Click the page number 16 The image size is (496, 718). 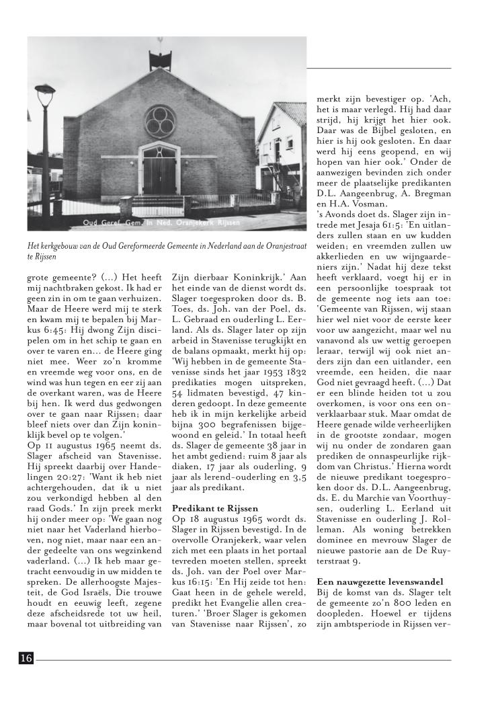26,659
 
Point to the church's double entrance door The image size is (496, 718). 160,175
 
